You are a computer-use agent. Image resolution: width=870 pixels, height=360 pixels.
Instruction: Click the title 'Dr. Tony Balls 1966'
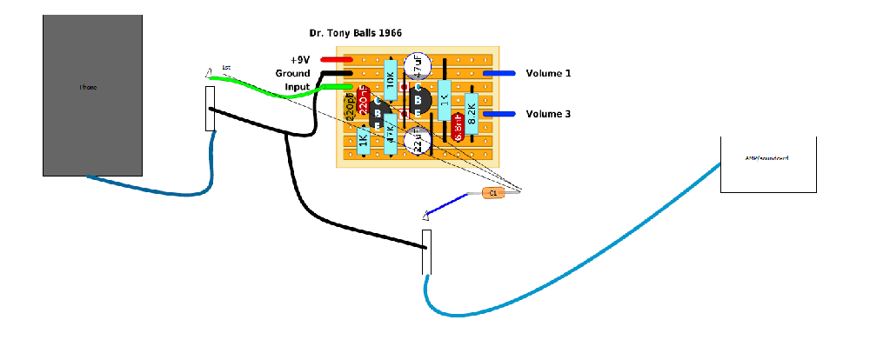coord(355,33)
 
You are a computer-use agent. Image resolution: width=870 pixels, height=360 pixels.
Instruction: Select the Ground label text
coord(292,73)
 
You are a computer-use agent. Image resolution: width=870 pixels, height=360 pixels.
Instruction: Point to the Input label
coord(298,87)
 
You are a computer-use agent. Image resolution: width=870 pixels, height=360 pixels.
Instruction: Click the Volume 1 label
coord(548,74)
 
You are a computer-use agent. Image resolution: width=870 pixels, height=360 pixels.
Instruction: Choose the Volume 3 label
coord(548,114)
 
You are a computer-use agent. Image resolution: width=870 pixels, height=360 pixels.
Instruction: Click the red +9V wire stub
coord(335,59)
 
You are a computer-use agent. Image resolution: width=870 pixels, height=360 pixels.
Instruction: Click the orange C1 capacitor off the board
coord(493,193)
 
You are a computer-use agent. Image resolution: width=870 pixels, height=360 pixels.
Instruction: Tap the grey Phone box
coord(92,96)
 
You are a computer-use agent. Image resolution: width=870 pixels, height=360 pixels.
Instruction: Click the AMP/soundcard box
coord(768,164)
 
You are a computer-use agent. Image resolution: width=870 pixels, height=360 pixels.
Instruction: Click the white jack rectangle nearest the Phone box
coord(210,109)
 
